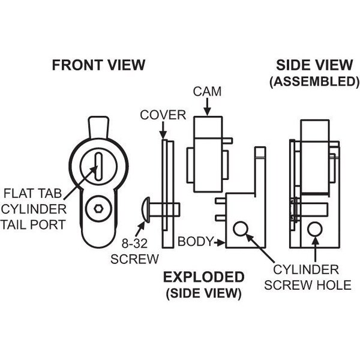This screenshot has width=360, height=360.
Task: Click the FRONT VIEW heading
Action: (x=98, y=65)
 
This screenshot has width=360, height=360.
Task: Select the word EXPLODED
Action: (x=205, y=277)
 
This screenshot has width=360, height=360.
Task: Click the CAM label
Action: (x=207, y=92)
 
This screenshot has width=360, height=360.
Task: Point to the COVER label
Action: (x=163, y=115)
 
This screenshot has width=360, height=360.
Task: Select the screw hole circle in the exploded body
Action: (x=240, y=229)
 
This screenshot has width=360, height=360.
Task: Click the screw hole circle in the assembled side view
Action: (x=314, y=229)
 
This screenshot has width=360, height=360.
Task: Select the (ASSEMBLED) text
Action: (x=314, y=81)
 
